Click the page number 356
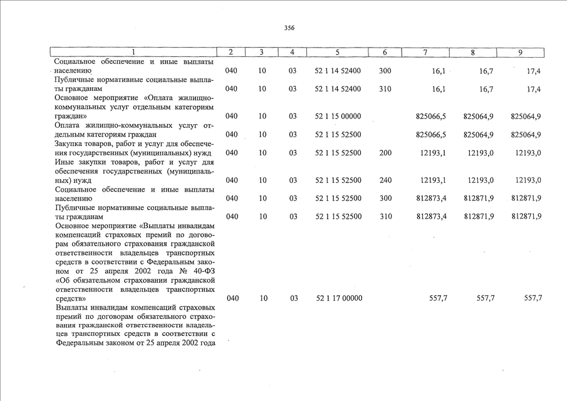[x=289, y=28]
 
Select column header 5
[x=337, y=53]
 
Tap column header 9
[x=520, y=53]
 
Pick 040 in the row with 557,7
[x=232, y=299]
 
